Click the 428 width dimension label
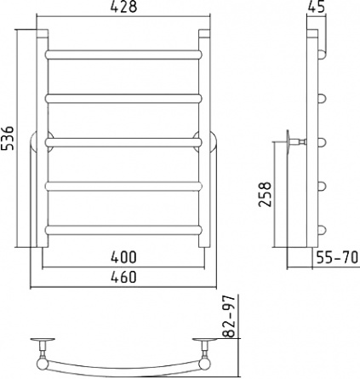tap(123, 7)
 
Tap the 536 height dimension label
tap(8, 138)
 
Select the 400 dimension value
tap(123, 257)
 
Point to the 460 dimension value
tap(123, 277)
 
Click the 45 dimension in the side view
tap(316, 7)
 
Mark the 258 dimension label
tap(266, 194)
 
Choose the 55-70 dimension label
tap(337, 258)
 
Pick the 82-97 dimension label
tap(230, 316)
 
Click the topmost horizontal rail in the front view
tap(123, 55)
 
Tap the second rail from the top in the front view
tap(123, 99)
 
